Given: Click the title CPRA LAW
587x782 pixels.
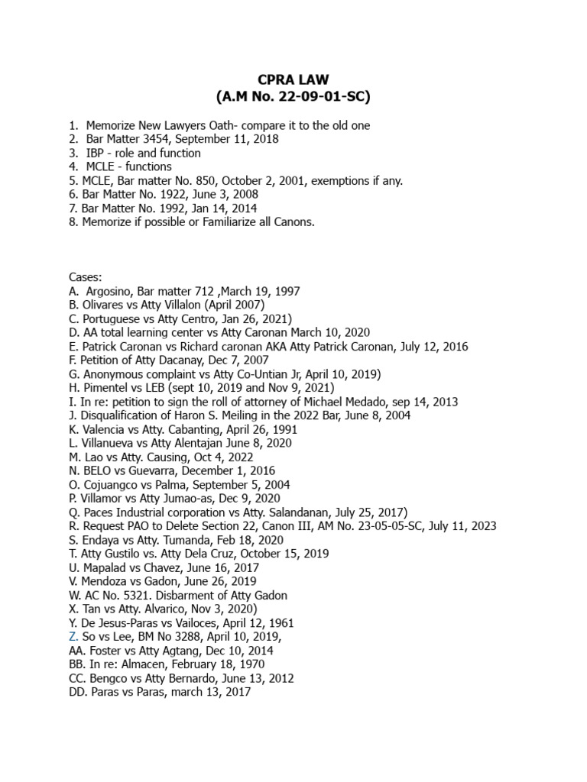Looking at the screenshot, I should [293, 80].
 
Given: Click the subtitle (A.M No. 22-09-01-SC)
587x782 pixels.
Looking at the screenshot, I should [293, 97].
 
